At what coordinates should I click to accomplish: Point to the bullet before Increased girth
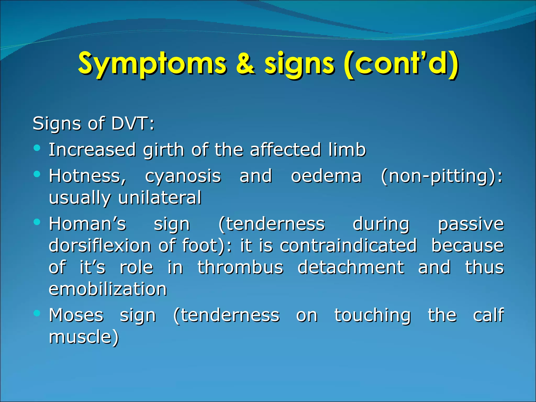click(37, 148)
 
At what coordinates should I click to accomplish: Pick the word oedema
click(326, 176)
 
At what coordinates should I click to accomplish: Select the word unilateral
click(160, 198)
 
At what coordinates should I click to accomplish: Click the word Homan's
click(87, 224)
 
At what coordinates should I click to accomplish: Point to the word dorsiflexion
click(100, 246)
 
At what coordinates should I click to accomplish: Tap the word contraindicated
click(348, 246)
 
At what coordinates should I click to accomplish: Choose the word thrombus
click(240, 267)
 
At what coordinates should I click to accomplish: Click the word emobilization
click(108, 289)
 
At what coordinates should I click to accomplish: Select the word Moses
click(76, 315)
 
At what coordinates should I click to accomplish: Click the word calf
click(488, 315)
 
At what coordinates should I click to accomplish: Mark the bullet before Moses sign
click(37, 313)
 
